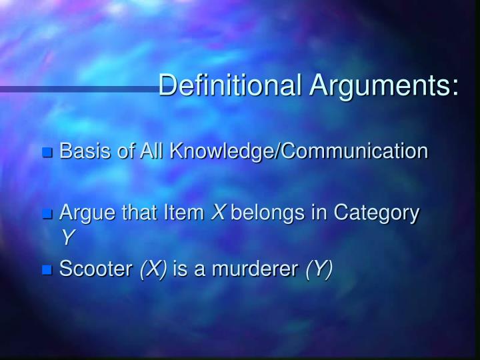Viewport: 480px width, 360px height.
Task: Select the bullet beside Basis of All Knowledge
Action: point(47,153)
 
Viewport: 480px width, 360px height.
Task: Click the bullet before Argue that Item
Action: point(47,215)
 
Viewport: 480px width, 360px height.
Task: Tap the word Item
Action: point(185,213)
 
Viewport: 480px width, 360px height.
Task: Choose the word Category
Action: point(377,214)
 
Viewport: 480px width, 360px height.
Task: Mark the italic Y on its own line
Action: point(66,237)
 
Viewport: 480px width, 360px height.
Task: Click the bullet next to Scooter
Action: point(47,270)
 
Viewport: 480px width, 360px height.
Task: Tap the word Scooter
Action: point(96,269)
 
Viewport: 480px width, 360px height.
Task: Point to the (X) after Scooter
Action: point(153,269)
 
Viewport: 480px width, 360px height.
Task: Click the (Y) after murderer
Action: point(319,269)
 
